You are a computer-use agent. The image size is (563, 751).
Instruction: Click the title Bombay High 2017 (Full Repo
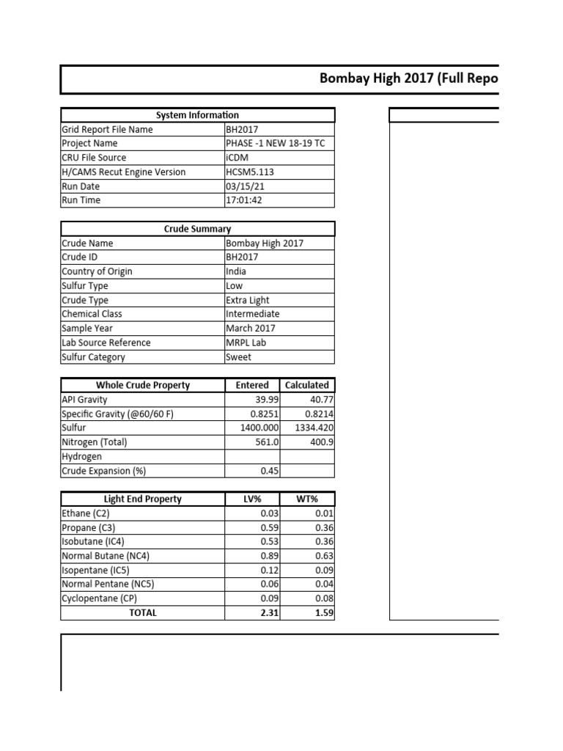click(408, 79)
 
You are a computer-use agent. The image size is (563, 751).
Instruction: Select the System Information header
click(197, 115)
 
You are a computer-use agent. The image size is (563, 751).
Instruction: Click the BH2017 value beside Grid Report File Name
click(242, 129)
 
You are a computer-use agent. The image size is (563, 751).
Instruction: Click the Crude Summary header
click(197, 229)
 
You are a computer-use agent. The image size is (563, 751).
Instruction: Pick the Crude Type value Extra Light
click(248, 300)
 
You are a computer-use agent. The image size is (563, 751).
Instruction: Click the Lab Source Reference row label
click(106, 342)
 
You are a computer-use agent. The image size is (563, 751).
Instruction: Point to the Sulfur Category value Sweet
click(239, 357)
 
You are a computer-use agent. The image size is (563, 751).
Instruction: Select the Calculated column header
click(307, 385)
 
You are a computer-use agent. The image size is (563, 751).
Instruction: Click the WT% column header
click(307, 499)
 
